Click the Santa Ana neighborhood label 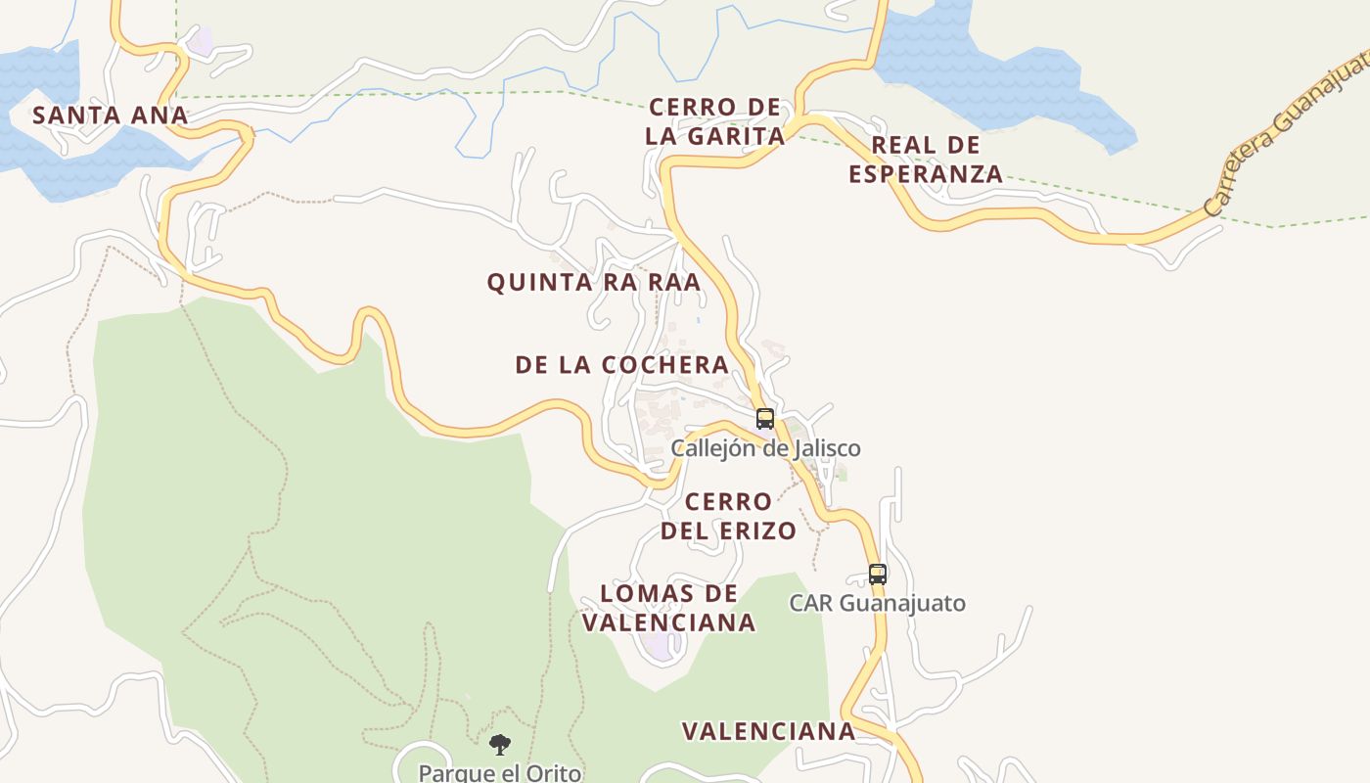click(x=110, y=115)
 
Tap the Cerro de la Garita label click(x=715, y=121)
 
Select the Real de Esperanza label click(x=925, y=160)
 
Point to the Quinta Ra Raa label click(x=594, y=283)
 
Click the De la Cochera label click(x=622, y=365)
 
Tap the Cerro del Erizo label click(x=728, y=517)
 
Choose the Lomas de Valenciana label click(x=669, y=608)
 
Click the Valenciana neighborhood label click(x=768, y=731)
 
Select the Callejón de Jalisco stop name click(x=765, y=448)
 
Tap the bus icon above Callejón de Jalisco click(x=765, y=419)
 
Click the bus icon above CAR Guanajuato click(x=878, y=575)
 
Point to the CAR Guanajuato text click(x=878, y=603)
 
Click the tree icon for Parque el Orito click(x=500, y=745)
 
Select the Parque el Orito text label click(x=500, y=772)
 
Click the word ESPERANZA click(x=925, y=174)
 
